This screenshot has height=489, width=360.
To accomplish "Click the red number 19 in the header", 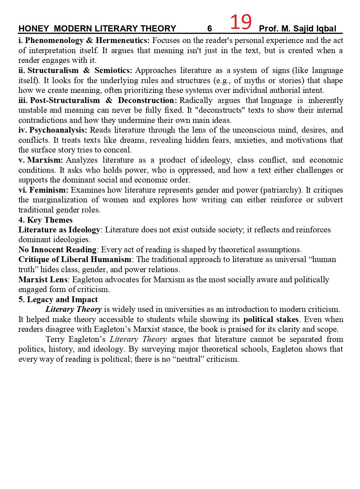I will point(240,22).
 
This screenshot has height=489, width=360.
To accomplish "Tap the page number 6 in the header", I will point(209,29).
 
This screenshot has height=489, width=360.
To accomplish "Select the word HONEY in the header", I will point(31,29).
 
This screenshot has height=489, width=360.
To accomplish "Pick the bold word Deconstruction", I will point(147,100).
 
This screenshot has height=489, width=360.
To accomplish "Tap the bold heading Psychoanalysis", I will point(58,130).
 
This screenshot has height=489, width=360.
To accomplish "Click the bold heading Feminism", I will point(49,190).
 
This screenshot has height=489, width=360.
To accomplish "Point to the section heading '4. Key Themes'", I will point(45,220).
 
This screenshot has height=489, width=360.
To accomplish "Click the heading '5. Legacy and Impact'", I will point(58,300).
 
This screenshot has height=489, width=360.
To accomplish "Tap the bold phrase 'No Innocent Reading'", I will point(58,250).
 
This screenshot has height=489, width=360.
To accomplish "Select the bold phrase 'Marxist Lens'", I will point(43,280).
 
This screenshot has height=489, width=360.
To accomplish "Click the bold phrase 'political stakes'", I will point(271,319).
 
